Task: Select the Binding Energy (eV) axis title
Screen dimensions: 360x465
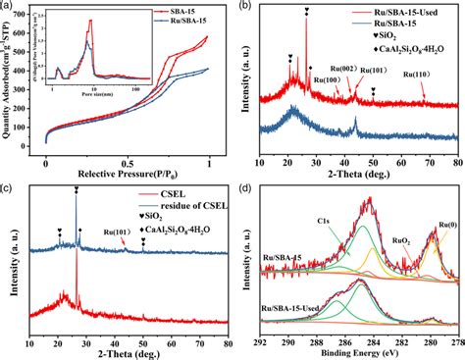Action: click(x=359, y=353)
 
